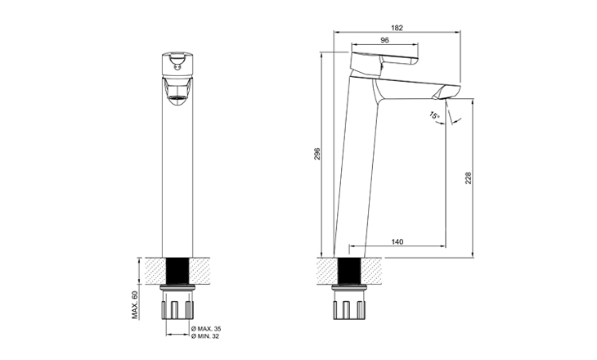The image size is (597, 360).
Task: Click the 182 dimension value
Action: [x=397, y=28]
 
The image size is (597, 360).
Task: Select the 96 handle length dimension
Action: [x=384, y=40]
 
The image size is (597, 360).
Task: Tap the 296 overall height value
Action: [x=317, y=154]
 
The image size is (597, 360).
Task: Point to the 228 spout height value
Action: [x=468, y=178]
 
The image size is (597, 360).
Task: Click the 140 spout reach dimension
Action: [x=397, y=242]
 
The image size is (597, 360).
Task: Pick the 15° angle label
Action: [x=435, y=115]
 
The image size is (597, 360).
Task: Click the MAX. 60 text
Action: [x=134, y=305]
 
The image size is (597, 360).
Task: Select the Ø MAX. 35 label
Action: [x=206, y=328]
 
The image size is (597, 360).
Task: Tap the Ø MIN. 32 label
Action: [x=205, y=336]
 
